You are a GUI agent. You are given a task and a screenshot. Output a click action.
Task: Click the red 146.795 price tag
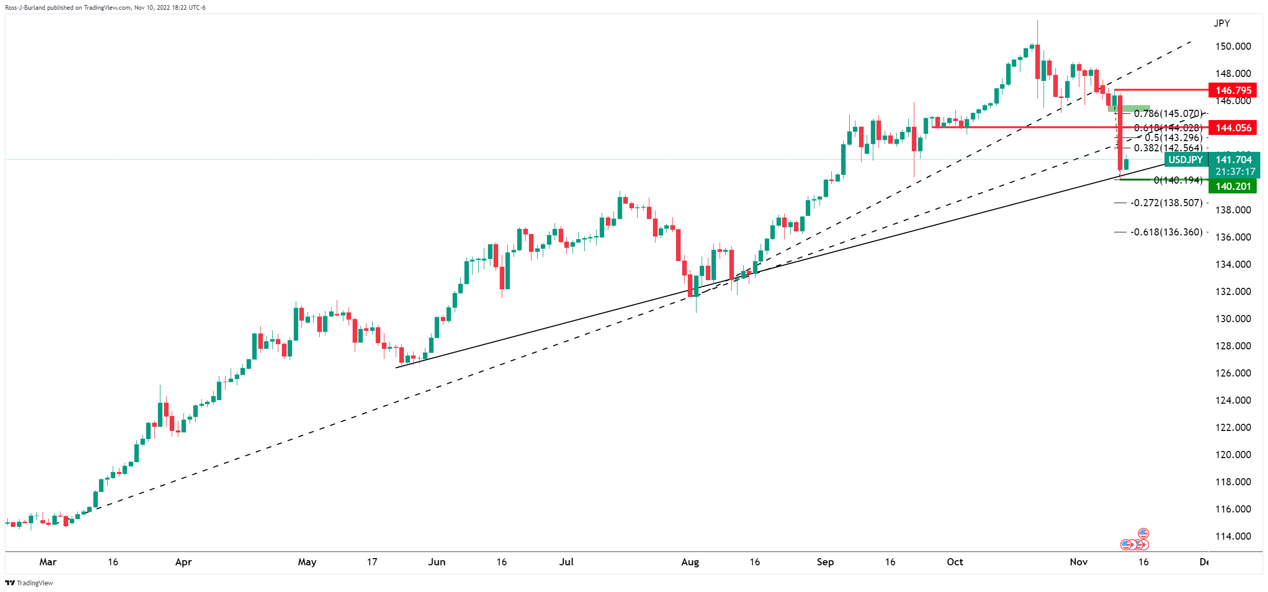[x=1233, y=90]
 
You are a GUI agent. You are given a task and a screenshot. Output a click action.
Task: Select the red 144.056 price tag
[x=1233, y=128]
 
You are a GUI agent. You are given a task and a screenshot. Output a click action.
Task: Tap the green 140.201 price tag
[x=1233, y=186]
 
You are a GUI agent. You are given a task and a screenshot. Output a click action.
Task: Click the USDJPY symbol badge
[x=1186, y=160]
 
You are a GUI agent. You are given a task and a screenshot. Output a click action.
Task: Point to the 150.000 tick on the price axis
[x=1233, y=46]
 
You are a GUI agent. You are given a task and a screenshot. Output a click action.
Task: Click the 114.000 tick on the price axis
[x=1233, y=536]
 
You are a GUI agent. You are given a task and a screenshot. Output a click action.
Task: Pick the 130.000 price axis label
[x=1233, y=319]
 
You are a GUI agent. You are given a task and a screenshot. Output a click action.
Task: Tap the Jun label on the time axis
[x=437, y=562]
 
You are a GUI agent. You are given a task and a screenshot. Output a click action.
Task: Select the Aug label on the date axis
[x=690, y=562]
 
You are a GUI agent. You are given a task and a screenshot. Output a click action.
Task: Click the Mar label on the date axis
[x=48, y=562]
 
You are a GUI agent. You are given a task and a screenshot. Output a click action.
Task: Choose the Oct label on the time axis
[x=955, y=562]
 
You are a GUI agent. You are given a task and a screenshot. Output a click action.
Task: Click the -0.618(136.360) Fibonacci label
[x=1167, y=232]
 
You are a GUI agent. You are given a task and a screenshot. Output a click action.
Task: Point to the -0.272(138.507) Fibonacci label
[x=1167, y=203]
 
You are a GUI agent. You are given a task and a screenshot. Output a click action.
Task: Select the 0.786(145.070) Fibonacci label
[x=1168, y=113]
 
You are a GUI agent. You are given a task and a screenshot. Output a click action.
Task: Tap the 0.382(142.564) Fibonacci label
[x=1168, y=148]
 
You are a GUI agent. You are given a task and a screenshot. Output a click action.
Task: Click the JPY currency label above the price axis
[x=1221, y=23]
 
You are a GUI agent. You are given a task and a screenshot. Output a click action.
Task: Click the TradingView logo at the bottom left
[x=29, y=583]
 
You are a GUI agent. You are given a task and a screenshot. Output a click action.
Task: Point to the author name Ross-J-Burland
[x=25, y=8]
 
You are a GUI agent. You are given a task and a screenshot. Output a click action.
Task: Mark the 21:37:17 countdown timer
[x=1235, y=172]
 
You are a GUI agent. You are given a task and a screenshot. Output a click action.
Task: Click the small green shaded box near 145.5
[x=1129, y=108]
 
